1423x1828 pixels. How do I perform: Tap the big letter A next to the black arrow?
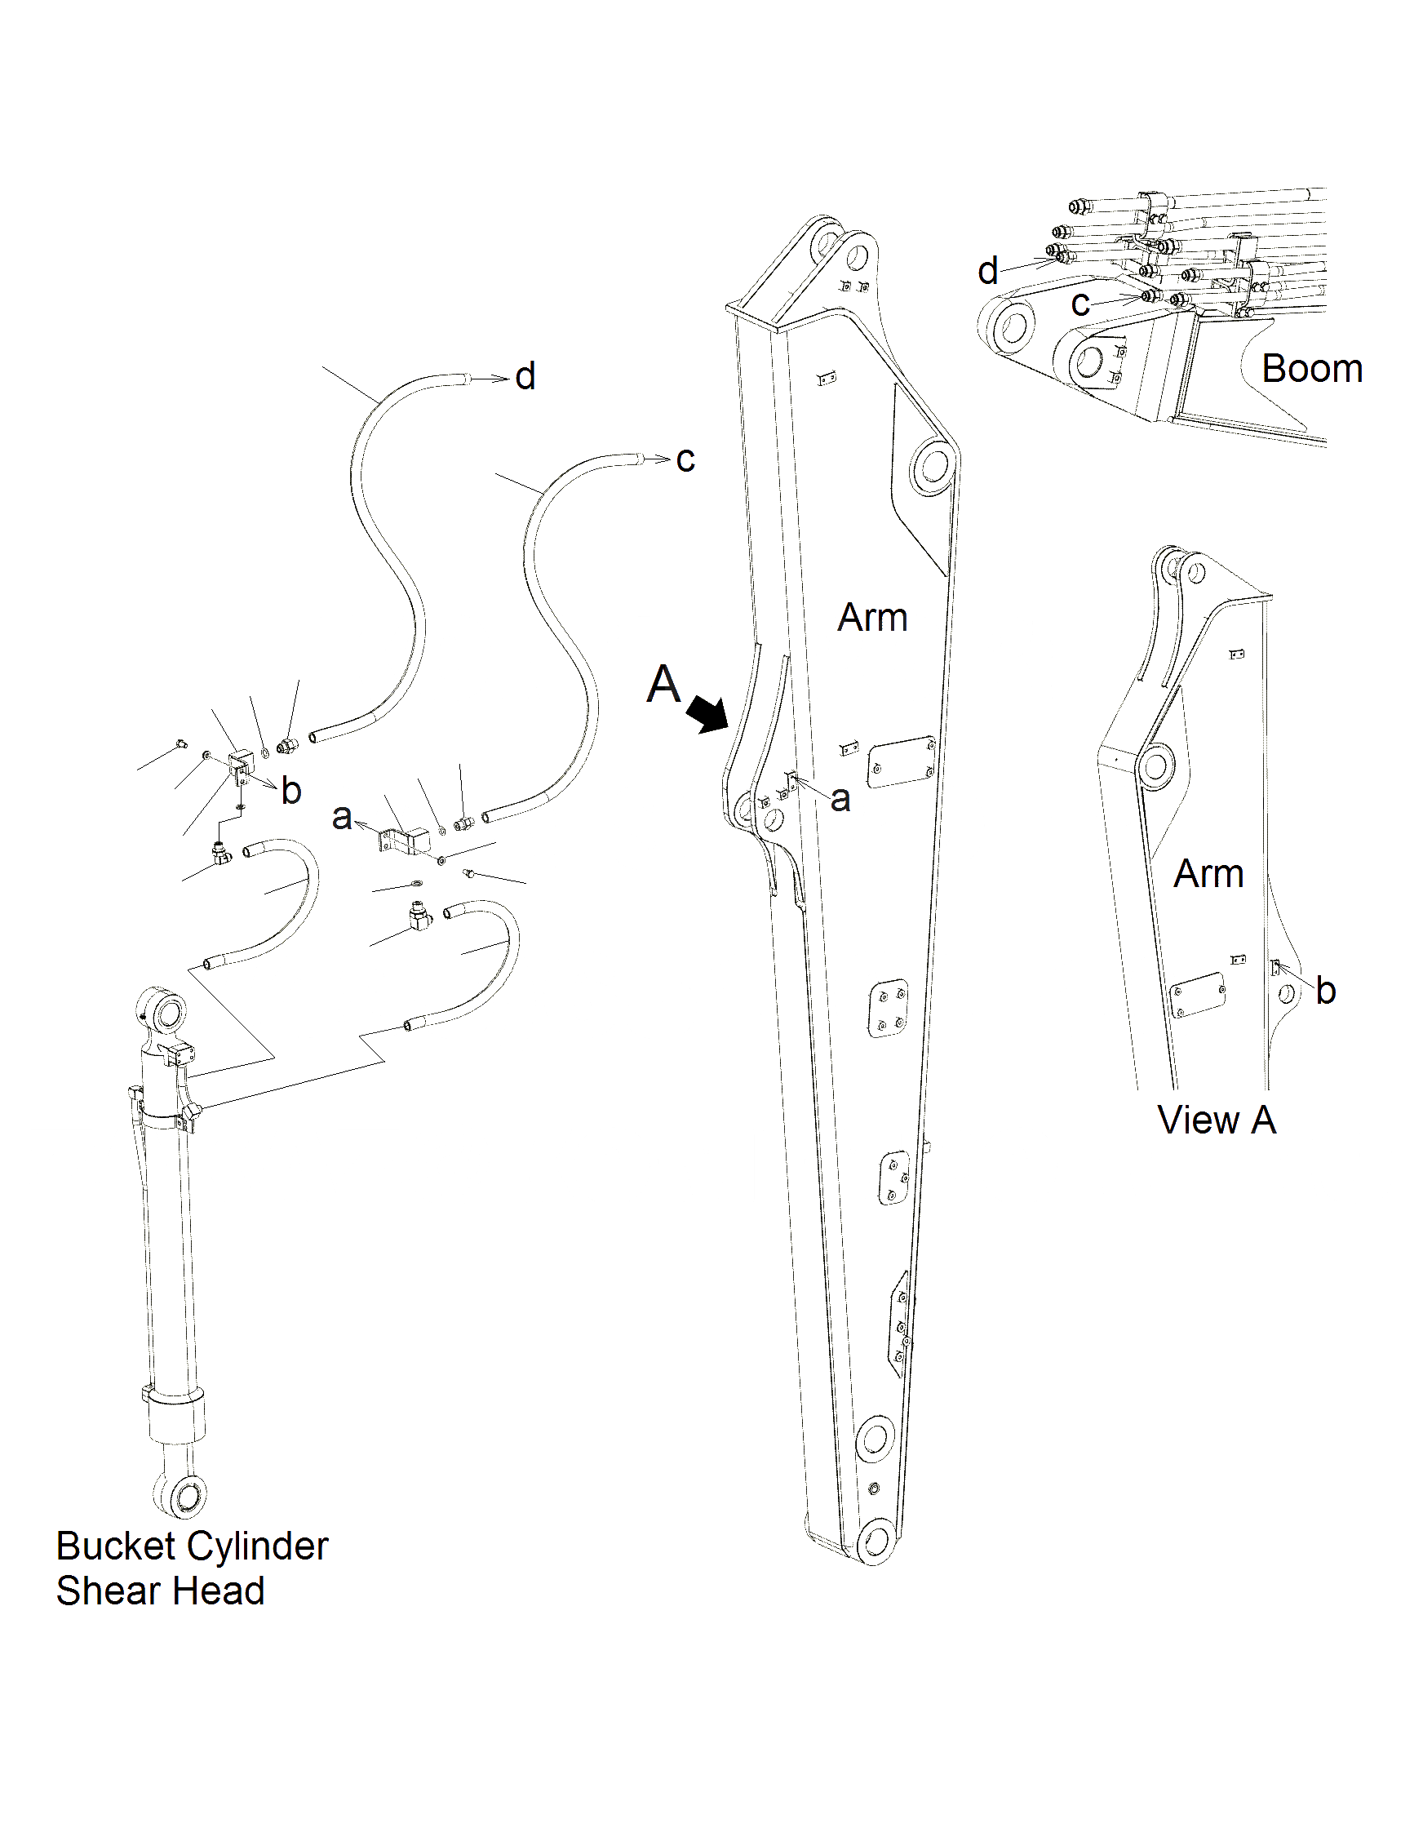click(x=664, y=684)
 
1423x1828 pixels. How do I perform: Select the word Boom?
click(x=1312, y=369)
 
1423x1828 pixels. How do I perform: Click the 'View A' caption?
click(x=1217, y=1120)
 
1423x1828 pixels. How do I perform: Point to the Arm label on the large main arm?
click(x=872, y=618)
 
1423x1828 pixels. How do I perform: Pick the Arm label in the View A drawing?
click(x=1208, y=874)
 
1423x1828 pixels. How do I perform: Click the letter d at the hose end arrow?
click(x=525, y=377)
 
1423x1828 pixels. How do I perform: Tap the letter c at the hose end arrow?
click(x=685, y=459)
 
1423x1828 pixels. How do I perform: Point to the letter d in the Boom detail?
click(x=988, y=271)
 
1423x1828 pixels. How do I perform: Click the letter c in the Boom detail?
click(x=1080, y=304)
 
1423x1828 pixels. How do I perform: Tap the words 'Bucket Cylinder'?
click(x=192, y=1546)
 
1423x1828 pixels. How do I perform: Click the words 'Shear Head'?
click(x=160, y=1591)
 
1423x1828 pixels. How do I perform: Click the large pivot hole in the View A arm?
click(x=1156, y=765)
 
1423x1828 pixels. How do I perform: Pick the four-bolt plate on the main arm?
click(x=888, y=1009)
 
